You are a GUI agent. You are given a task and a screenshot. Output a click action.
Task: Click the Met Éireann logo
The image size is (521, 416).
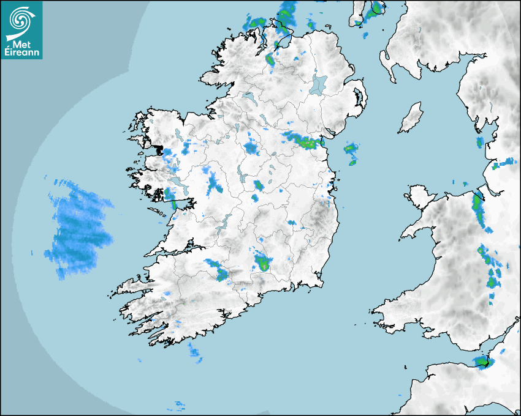click(x=21, y=29)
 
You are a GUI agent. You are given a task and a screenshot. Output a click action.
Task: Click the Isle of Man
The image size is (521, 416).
click(x=411, y=117)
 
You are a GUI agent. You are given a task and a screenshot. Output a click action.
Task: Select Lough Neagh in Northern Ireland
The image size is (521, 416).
click(x=319, y=84)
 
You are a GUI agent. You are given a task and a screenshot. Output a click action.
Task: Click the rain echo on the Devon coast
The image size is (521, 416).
click(x=483, y=362)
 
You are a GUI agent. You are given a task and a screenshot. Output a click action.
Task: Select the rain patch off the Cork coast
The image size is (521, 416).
click(x=194, y=351)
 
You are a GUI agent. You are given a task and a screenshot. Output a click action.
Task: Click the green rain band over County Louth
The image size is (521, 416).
click(x=303, y=142)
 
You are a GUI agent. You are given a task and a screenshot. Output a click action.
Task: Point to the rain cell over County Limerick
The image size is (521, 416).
click(x=218, y=269)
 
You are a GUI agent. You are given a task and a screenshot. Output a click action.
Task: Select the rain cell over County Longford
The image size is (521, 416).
click(x=251, y=147)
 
